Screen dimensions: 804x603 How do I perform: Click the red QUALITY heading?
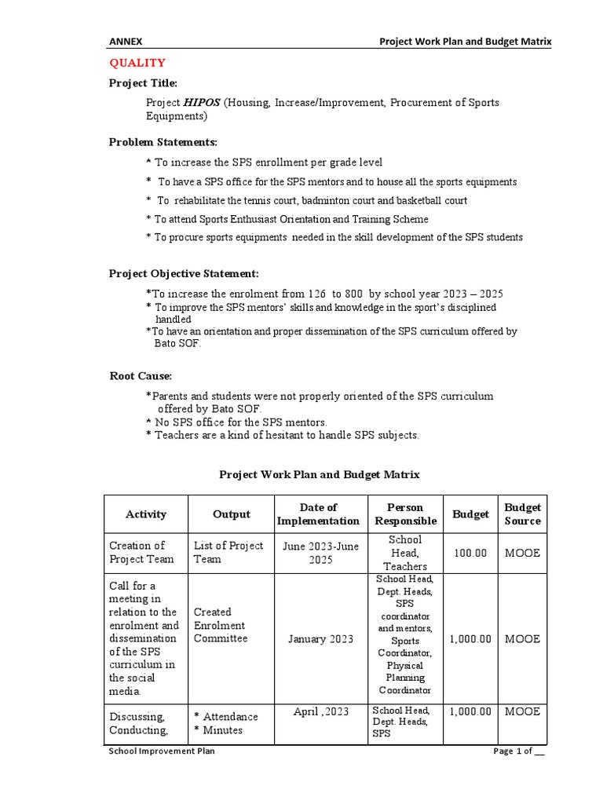pos(137,63)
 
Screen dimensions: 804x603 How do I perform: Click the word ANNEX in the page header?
pos(126,41)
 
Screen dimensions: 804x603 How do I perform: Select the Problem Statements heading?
pos(163,142)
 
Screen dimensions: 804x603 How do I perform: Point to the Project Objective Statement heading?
pos(183,273)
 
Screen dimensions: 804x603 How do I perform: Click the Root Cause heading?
pos(141,376)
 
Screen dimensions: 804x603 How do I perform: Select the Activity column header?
pos(146,514)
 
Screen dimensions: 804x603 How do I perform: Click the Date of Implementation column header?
pos(318,514)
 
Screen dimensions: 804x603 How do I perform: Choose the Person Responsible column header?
pos(405,514)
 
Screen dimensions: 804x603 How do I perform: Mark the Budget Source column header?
pos(522,514)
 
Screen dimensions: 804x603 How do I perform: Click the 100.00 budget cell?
pos(470,553)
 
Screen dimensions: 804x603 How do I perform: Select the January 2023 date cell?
pos(320,639)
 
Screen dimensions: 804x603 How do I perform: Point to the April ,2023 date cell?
pos(320,712)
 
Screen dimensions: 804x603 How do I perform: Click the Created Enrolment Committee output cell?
pos(220,625)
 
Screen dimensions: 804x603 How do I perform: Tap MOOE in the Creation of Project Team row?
pos(522,553)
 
